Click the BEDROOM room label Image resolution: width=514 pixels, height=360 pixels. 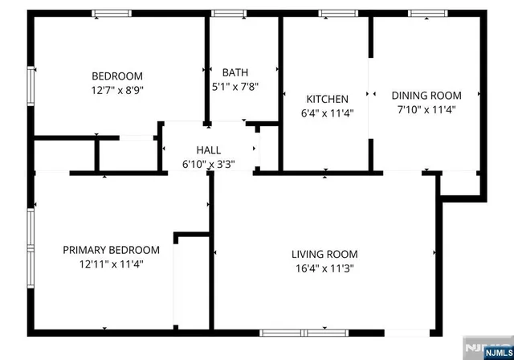point(117,76)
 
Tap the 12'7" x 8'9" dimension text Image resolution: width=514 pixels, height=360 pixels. point(117,91)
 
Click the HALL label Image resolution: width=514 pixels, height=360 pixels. point(209,150)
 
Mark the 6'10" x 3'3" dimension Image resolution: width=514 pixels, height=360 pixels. point(209,165)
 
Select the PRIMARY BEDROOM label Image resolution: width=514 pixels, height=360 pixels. point(111,249)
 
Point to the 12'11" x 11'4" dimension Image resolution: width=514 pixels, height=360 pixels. point(111,264)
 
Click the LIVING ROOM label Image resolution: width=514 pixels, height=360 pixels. point(323,255)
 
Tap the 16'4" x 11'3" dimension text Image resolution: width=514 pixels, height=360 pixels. point(323,269)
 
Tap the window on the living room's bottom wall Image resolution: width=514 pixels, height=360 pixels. point(304,332)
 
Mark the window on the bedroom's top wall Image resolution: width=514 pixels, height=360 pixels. point(111,13)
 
